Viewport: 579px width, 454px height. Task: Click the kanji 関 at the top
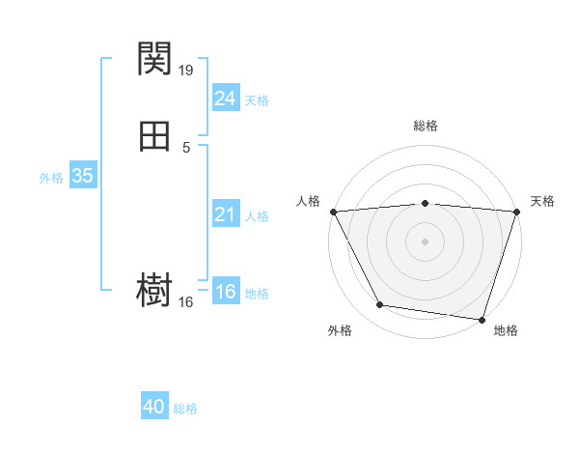(x=155, y=59)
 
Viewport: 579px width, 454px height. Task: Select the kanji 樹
(x=155, y=290)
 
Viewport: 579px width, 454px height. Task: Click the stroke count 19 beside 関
(x=187, y=70)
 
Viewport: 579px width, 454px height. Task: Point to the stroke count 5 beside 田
(x=186, y=148)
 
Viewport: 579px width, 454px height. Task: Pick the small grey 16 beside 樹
(x=187, y=301)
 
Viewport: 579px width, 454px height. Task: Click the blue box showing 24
(x=225, y=98)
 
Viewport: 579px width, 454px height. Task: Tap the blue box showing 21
(x=225, y=214)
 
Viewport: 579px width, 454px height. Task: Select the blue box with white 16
(x=225, y=292)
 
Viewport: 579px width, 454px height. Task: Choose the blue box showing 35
(x=82, y=176)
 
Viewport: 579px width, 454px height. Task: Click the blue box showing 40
(x=154, y=408)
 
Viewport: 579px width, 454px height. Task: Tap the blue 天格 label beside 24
(x=257, y=100)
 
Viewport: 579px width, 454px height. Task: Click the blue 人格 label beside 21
(x=257, y=216)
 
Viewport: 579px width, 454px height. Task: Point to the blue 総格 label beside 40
(x=185, y=410)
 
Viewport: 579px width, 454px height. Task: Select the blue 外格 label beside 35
(x=50, y=178)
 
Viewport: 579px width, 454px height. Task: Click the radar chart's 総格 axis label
(x=425, y=126)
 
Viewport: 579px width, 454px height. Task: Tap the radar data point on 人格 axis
(x=333, y=211)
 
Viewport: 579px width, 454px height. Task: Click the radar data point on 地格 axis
(x=482, y=319)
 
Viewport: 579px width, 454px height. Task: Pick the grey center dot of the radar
(x=425, y=241)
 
